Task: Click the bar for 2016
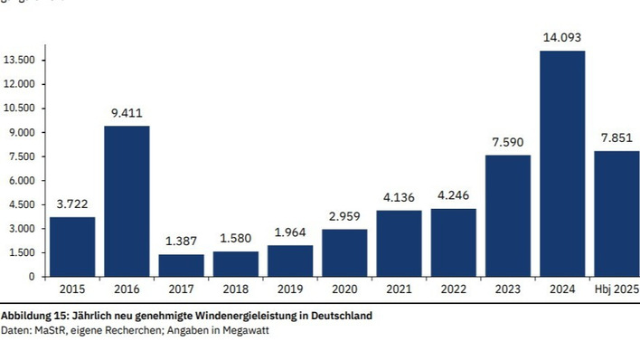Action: tap(127, 201)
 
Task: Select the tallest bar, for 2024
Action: tap(561, 164)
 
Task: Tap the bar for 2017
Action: tap(181, 265)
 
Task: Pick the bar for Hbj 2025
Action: tap(616, 213)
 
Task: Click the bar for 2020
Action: tap(344, 252)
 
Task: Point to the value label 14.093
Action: tap(561, 38)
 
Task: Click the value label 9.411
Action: tap(127, 114)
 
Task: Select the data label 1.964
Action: tap(290, 233)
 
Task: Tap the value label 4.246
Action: tap(453, 196)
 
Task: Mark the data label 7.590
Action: tap(507, 143)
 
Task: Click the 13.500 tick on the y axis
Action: tap(20, 61)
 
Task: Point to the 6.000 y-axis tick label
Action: tap(23, 181)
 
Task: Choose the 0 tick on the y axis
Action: tap(32, 277)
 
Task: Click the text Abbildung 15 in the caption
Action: tap(32, 317)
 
